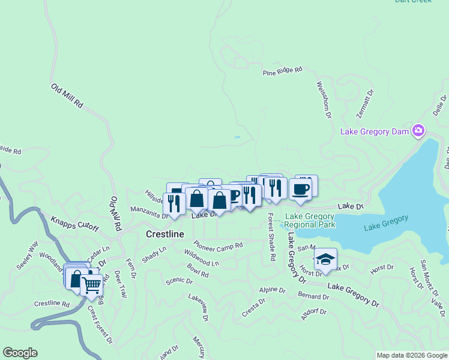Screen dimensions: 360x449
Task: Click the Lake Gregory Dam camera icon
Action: click(x=418, y=131)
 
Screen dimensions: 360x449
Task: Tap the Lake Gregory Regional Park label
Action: click(x=310, y=220)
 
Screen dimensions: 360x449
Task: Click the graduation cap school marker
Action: click(x=325, y=259)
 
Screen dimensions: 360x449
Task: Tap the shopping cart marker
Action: click(x=92, y=286)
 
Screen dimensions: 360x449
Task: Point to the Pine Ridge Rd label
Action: click(x=283, y=71)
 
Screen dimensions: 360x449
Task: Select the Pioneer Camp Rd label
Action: click(x=218, y=246)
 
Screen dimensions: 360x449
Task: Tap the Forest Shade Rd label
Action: click(x=271, y=237)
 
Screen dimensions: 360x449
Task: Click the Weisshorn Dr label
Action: click(x=322, y=100)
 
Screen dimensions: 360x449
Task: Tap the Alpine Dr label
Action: click(x=272, y=290)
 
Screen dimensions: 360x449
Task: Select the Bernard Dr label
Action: click(x=313, y=296)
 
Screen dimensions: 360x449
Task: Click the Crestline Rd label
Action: click(x=52, y=304)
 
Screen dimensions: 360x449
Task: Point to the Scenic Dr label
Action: click(x=179, y=280)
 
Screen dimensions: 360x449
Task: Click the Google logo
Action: click(x=20, y=353)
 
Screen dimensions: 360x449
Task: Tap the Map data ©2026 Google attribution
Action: click(x=412, y=355)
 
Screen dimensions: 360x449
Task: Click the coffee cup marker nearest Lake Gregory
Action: click(x=301, y=189)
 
